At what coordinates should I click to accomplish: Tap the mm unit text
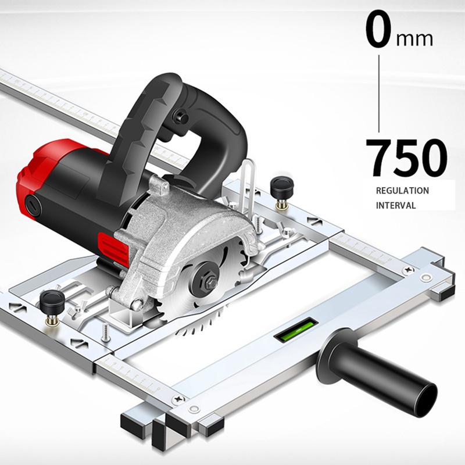[x=414, y=39]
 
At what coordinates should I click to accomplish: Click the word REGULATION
[x=402, y=191]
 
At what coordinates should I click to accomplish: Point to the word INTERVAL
[x=396, y=205]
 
